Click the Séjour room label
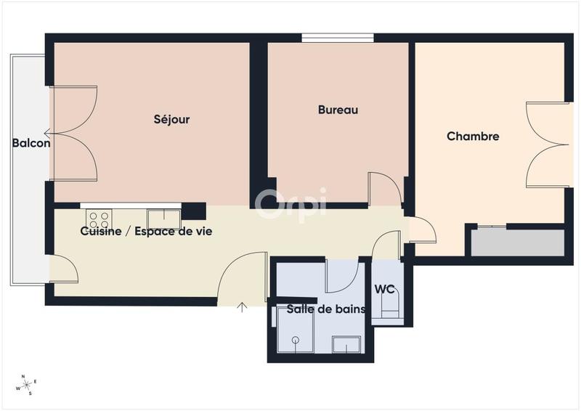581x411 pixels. pos(171,119)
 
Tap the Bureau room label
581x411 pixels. pos(338,110)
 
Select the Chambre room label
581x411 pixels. pos(473,136)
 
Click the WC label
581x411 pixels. pos(384,289)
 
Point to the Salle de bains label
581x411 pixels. pos(325,309)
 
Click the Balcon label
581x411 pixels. pos(31,143)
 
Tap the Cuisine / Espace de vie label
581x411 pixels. pos(145,231)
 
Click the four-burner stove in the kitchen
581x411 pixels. pos(98,219)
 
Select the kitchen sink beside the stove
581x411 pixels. pos(163,219)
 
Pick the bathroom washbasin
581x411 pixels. pos(346,344)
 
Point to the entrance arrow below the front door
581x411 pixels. pos(243,308)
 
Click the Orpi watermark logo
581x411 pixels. pos(290,203)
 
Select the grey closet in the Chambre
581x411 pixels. pos(517,242)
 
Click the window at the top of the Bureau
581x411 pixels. pos(338,38)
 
